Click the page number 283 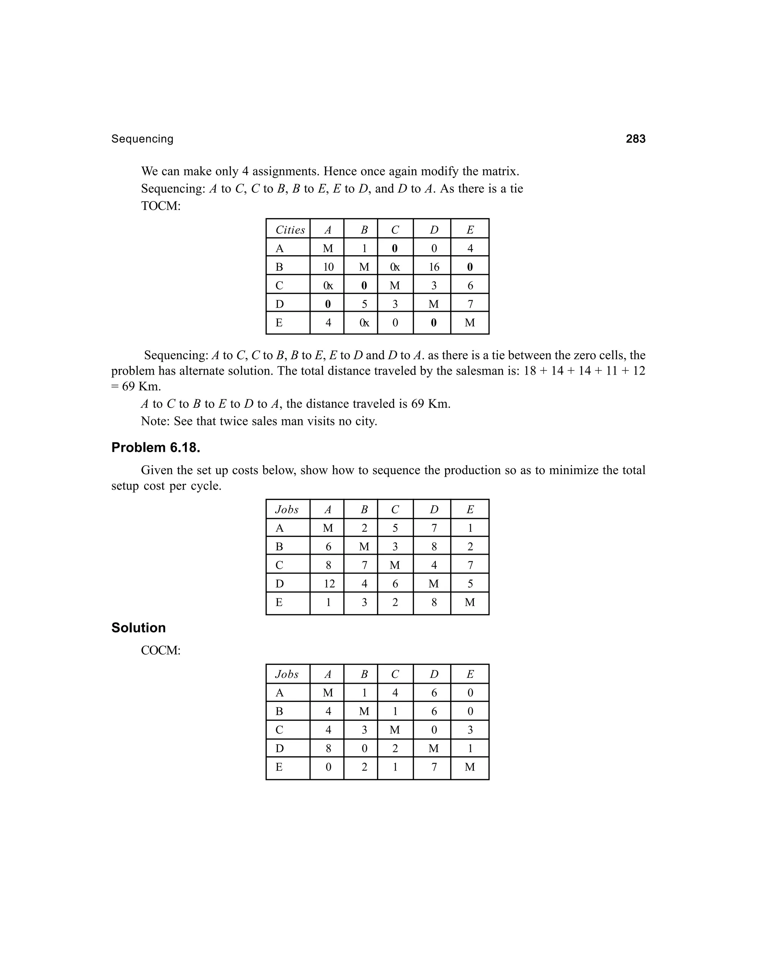click(635, 139)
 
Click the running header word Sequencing click(142, 139)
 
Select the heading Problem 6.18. click(156, 447)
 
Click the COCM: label click(160, 650)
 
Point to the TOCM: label click(160, 206)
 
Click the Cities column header click(290, 230)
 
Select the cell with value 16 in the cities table click(434, 267)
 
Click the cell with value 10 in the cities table click(328, 267)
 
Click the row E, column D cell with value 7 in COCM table click(434, 767)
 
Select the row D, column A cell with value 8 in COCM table click(328, 748)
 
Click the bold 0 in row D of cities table click(328, 304)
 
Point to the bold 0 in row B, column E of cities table click(469, 267)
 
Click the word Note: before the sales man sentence click(155, 421)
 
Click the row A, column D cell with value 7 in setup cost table click(434, 528)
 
